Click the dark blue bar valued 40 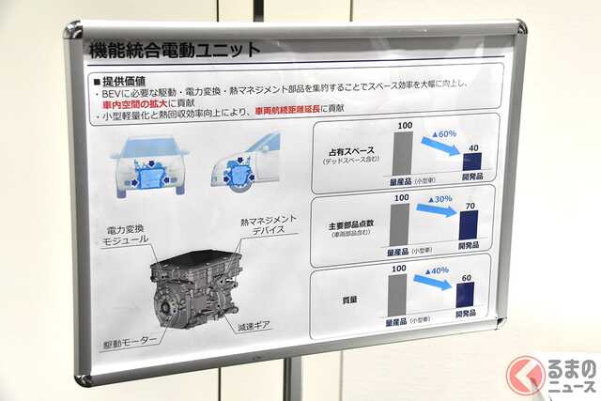[471, 161]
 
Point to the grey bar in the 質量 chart [397, 294]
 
